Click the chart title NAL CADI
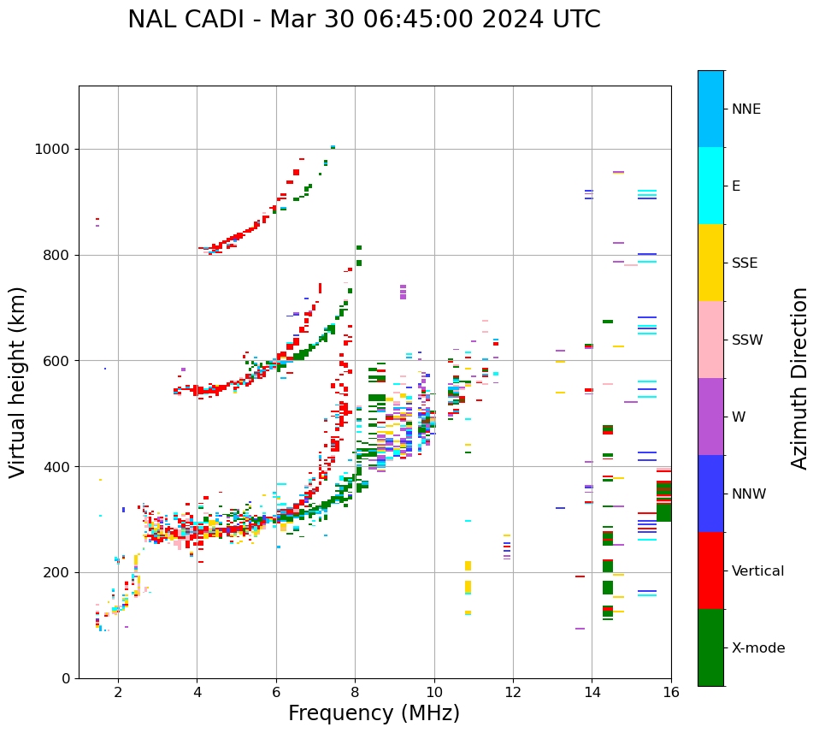(363, 20)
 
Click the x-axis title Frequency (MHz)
(374, 713)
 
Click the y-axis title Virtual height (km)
(18, 381)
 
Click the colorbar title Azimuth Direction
(799, 378)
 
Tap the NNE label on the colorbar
(745, 109)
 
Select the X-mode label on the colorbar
(757, 648)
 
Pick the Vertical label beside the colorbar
(757, 571)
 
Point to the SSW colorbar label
(746, 340)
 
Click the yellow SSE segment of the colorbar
(710, 263)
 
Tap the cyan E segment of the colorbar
(710, 186)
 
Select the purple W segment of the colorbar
(710, 417)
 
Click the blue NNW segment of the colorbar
(710, 494)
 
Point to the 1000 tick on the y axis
(53, 150)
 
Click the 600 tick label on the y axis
(57, 361)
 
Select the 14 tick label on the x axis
(592, 692)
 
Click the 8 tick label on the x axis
(355, 692)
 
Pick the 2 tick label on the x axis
(118, 692)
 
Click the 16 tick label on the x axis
(671, 692)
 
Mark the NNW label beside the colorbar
(749, 494)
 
